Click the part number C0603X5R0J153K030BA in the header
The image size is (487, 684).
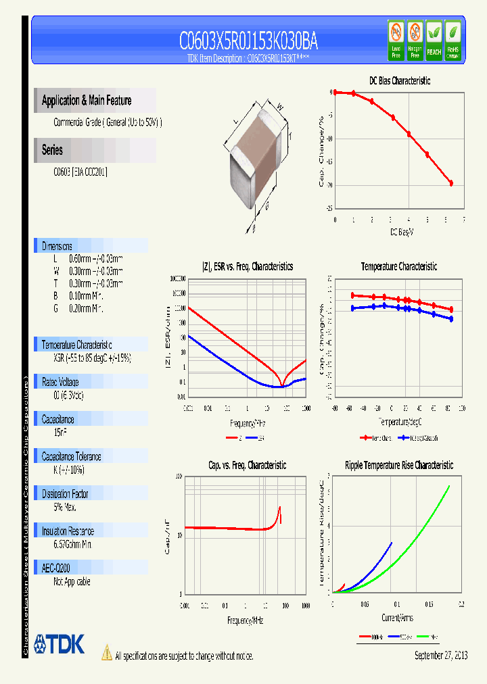coord(248,43)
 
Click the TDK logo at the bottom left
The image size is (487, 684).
coord(59,644)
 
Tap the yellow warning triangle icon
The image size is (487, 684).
coord(106,652)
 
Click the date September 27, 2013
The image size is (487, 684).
coord(440,656)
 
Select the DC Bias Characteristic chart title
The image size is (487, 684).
coord(399,80)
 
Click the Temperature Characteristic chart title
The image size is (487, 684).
coord(398,266)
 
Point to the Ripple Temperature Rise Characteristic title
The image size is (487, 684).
coord(398,465)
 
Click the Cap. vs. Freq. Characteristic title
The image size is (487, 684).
coord(246,465)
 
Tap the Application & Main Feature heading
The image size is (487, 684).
coord(87,101)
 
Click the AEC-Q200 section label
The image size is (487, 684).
coord(56,568)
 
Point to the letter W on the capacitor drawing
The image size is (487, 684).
coord(279,105)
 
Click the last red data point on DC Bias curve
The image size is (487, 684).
coord(451,183)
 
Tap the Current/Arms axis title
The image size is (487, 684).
coord(396,618)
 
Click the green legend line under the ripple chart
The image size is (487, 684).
coord(425,636)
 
